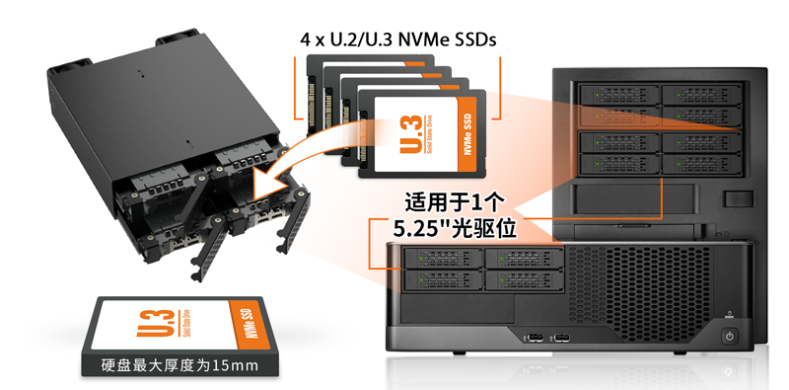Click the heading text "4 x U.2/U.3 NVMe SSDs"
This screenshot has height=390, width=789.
[397, 39]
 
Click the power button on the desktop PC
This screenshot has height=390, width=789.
[730, 335]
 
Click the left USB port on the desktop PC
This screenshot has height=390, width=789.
[532, 336]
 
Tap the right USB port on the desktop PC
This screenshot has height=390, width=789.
[560, 336]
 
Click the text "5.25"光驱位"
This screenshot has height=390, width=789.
[456, 229]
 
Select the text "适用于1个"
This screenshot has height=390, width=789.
[454, 203]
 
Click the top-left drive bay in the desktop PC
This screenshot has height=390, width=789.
[443, 259]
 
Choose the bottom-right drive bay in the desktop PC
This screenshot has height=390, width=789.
[525, 279]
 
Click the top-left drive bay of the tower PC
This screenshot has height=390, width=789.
[619, 95]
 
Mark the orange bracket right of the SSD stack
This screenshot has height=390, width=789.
[497, 88]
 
